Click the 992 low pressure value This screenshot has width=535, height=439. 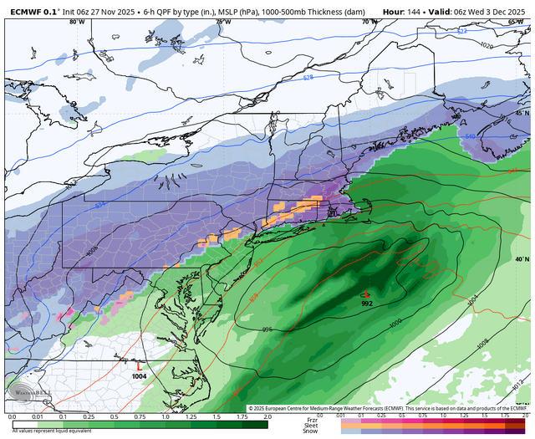click(x=367, y=304)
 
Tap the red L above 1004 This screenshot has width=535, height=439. click(x=139, y=366)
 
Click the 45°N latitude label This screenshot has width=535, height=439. click(x=522, y=112)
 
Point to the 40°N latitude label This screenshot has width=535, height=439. click(x=522, y=260)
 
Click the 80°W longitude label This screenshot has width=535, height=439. click(x=77, y=22)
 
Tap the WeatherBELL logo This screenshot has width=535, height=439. click(x=25, y=393)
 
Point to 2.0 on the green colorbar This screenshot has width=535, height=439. click(x=267, y=416)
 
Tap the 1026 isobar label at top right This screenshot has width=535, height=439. click(x=487, y=43)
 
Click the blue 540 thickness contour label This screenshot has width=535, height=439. click(x=493, y=135)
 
